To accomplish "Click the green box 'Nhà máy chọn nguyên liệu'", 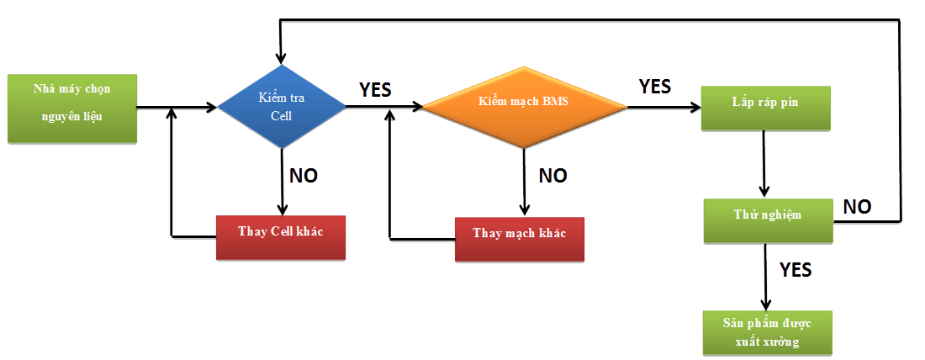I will [x=71, y=107].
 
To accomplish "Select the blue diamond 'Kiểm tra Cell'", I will [x=282, y=107].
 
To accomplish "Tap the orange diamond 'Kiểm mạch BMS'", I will [x=524, y=106].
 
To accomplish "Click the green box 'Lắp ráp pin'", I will [x=766, y=107].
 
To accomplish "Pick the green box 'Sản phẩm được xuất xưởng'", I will [x=766, y=331].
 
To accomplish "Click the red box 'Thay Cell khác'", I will [x=281, y=237].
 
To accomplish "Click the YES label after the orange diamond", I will [x=655, y=86].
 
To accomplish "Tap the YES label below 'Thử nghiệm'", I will [x=795, y=269].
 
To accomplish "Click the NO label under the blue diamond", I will [x=304, y=176].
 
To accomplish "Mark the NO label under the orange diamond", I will [x=552, y=176].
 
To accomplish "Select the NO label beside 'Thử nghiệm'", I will [x=857, y=206].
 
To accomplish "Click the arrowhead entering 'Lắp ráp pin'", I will [x=695, y=107].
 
